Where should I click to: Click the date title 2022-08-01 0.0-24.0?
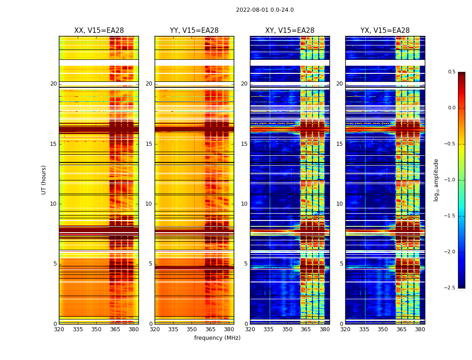coord(265,10)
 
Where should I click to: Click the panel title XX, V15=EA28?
coord(99,31)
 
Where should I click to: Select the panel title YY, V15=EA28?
coord(194,31)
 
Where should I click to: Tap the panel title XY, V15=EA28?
coord(290,31)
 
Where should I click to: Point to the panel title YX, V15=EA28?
coord(385,31)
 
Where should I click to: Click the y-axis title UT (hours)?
coord(44,180)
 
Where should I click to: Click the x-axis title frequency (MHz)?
coord(217,338)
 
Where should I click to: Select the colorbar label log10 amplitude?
coord(436,180)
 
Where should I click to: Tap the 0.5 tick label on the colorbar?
coord(451,72)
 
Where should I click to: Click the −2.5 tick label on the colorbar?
coord(450,288)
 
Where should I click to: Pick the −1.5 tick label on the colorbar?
coord(450,216)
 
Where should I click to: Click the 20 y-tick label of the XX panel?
coord(53,84)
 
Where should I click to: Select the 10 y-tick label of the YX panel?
coord(340,204)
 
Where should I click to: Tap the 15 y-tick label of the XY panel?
coord(245,144)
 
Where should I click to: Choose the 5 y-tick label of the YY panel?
coord(151,264)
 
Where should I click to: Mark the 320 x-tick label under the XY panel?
coord(250,329)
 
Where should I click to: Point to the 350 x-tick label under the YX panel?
coord(383,329)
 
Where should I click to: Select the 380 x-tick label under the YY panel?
coord(229,329)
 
